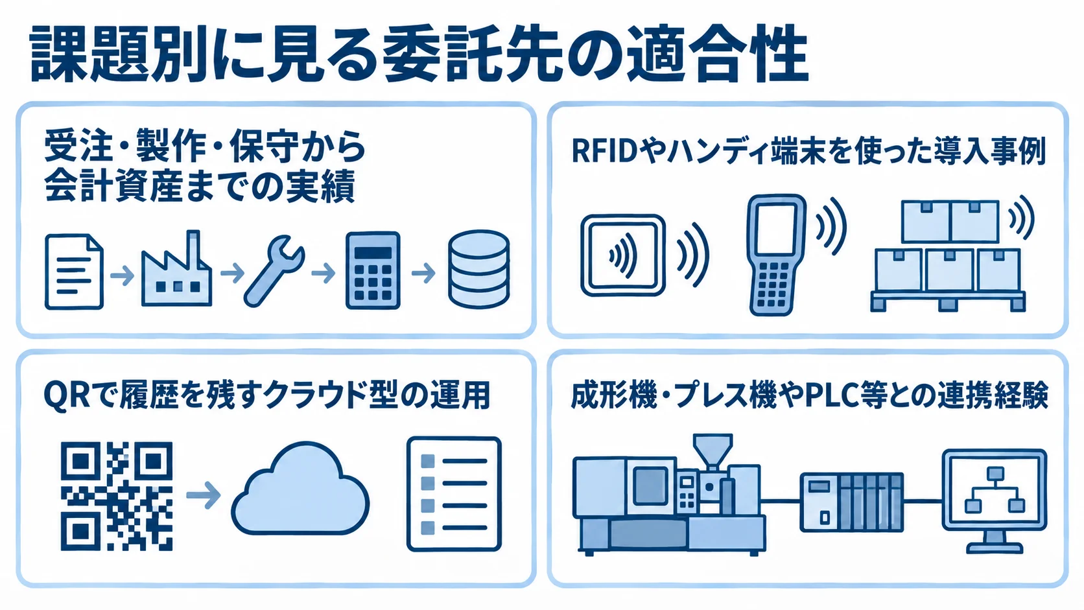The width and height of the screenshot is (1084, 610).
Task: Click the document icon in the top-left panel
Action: (74, 272)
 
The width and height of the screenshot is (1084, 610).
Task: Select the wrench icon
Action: (274, 271)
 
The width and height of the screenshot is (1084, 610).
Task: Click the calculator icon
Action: (373, 270)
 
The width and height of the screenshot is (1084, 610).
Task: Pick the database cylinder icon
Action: (478, 269)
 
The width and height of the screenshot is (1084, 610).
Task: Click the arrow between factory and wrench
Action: (232, 273)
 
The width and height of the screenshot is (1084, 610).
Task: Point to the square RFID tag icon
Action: (623, 255)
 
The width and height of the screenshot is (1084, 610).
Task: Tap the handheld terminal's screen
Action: (776, 229)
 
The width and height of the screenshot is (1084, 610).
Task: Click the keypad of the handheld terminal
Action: (773, 285)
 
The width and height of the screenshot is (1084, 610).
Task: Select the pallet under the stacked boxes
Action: (948, 301)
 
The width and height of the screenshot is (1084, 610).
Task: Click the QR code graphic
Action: (117, 496)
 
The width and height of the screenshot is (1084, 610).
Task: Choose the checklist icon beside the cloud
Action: (454, 494)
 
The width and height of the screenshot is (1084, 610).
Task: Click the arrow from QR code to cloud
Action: (204, 495)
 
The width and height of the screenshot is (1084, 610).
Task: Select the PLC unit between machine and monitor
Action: (852, 502)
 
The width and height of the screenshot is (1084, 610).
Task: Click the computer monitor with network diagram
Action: (995, 501)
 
